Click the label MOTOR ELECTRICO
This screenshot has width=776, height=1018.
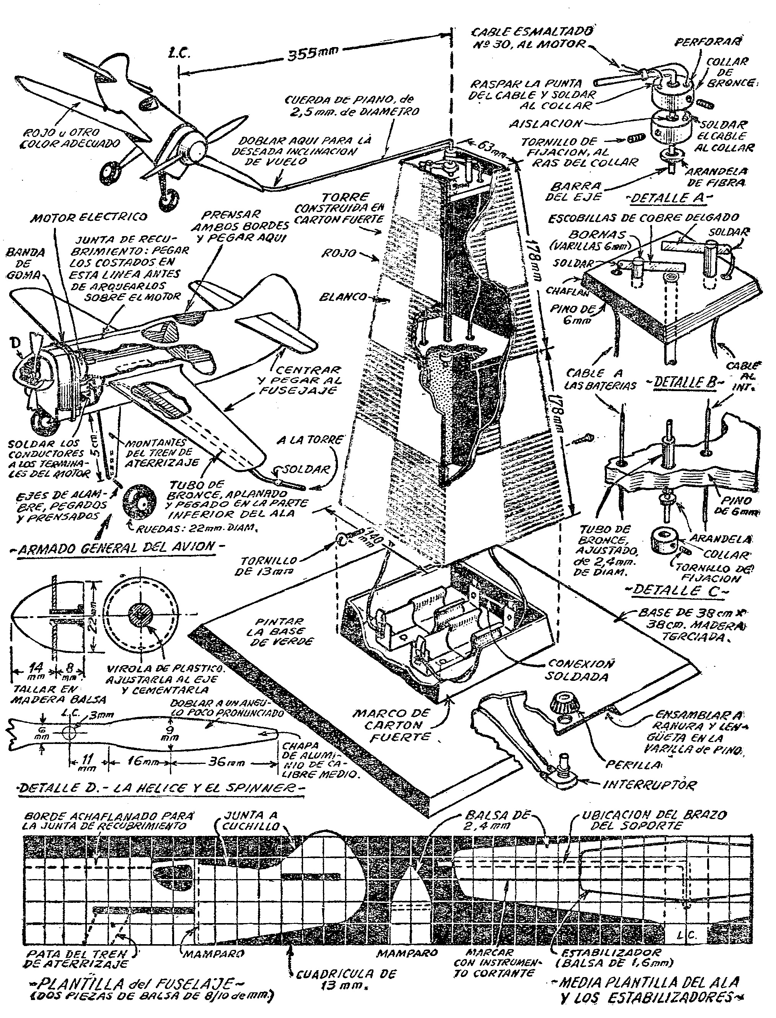point(89,217)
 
